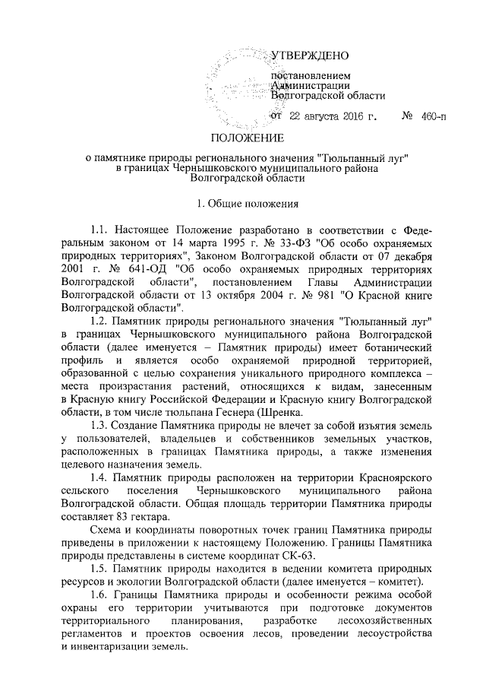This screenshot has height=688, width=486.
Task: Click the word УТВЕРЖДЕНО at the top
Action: tap(310, 55)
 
